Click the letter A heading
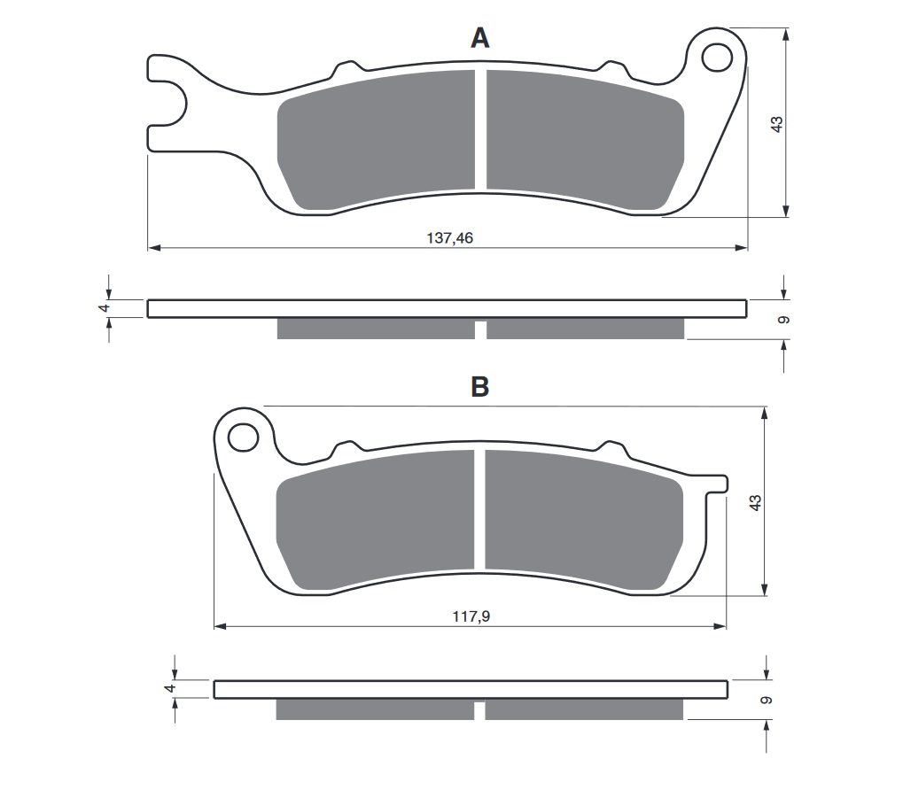[x=479, y=38]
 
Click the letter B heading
[x=479, y=387]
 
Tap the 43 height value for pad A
[x=777, y=124]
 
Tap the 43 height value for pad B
[x=755, y=502]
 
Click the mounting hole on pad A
[x=714, y=58]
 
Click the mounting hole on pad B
[x=240, y=437]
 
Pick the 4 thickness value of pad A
[x=104, y=308]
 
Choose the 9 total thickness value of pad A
[x=782, y=320]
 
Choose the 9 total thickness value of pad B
[x=767, y=700]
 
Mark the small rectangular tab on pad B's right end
[x=720, y=484]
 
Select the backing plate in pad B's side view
[x=470, y=689]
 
